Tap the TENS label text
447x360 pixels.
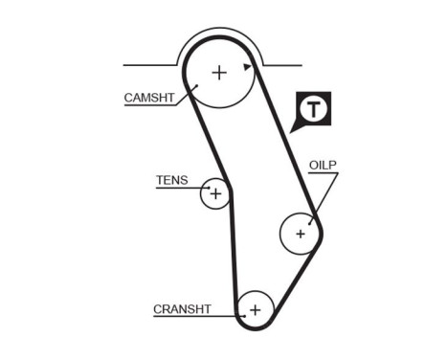click(x=171, y=180)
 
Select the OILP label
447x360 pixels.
click(x=323, y=165)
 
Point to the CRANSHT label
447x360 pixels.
click(x=181, y=308)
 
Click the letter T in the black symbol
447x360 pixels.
click(x=313, y=109)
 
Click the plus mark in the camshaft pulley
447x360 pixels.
click(x=219, y=72)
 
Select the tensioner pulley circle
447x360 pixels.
click(x=215, y=194)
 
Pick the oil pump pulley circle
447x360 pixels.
click(x=300, y=233)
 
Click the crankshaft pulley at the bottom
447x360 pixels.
click(x=255, y=309)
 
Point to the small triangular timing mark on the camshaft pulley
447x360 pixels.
click(x=247, y=67)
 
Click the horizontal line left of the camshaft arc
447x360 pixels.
click(x=148, y=65)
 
